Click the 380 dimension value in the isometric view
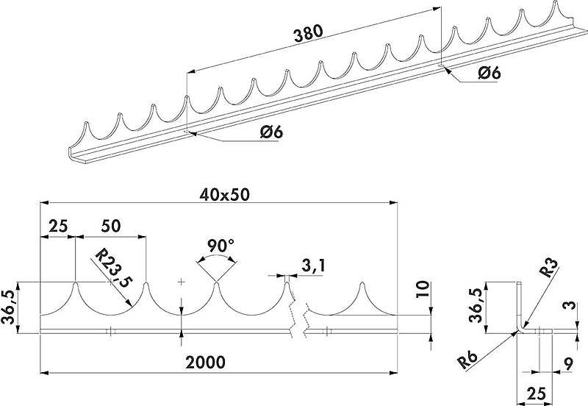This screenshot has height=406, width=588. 308,33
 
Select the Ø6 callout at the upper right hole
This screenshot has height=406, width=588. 489,72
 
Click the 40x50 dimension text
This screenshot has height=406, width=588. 225,195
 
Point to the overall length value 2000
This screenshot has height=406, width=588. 207,363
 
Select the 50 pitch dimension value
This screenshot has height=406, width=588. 111,227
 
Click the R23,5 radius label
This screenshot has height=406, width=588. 113,269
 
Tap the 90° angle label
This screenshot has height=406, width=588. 221,246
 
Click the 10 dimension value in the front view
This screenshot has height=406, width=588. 423,290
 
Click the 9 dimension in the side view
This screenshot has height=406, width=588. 568,363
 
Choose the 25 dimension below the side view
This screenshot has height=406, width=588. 536,394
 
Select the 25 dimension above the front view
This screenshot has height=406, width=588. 58,227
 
